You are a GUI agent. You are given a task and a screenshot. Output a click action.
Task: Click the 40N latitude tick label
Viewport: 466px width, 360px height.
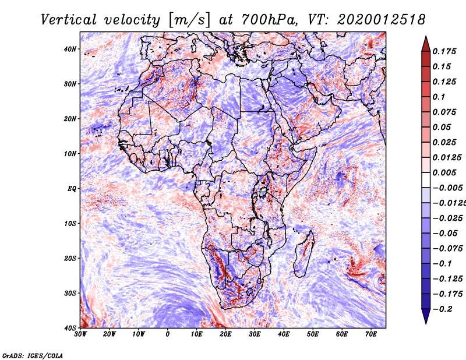pos(70,49)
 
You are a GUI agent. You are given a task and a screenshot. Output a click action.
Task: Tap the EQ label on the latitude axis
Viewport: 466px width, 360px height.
pos(72,189)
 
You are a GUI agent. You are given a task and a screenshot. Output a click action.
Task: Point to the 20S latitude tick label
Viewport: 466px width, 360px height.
pos(70,258)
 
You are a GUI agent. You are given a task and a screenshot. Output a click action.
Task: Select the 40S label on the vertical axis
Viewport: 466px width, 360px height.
pos(70,328)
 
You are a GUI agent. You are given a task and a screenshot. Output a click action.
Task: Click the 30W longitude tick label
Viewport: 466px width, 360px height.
pos(80,334)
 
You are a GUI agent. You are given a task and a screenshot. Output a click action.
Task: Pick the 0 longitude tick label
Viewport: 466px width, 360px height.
pos(168,334)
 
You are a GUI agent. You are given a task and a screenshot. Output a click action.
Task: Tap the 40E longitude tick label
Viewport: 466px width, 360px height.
pos(284,334)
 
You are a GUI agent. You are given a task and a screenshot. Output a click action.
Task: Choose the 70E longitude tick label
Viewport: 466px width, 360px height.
pos(371,334)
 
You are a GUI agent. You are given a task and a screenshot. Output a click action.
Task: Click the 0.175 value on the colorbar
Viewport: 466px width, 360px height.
pos(444,51)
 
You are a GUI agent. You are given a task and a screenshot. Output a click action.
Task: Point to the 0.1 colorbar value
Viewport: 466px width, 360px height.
pos(439,97)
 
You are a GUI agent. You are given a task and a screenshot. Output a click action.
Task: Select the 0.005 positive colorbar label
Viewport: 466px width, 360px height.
pos(444,172)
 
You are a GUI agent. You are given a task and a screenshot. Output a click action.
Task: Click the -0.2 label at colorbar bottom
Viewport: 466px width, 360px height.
pos(442,309)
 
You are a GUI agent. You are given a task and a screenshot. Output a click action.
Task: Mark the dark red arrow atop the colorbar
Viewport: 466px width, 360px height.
pos(426,45)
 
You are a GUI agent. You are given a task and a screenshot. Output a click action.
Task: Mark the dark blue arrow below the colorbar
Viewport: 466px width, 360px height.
pos(426,316)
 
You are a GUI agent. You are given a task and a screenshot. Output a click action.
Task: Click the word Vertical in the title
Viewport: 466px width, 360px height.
pos(69,20)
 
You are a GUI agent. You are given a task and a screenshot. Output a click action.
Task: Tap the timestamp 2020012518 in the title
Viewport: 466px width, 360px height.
pos(382,20)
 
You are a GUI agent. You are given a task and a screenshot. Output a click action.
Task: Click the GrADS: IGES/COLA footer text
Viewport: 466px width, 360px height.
pos(33,356)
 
